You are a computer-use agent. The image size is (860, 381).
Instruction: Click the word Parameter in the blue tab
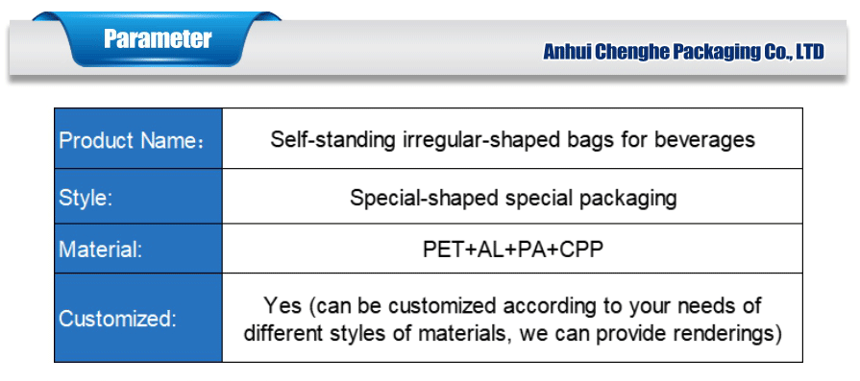point(158,39)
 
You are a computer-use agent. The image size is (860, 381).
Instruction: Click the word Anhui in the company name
point(568,52)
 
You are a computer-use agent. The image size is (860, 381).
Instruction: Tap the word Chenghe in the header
point(635,52)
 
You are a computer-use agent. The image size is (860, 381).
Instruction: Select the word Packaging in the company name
point(716,52)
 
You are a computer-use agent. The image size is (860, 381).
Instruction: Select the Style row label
point(86,199)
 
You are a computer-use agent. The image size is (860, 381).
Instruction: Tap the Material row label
point(100,250)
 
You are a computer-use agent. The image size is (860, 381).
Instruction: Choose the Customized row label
point(117,320)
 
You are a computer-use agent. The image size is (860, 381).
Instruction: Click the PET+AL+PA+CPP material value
point(512,250)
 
